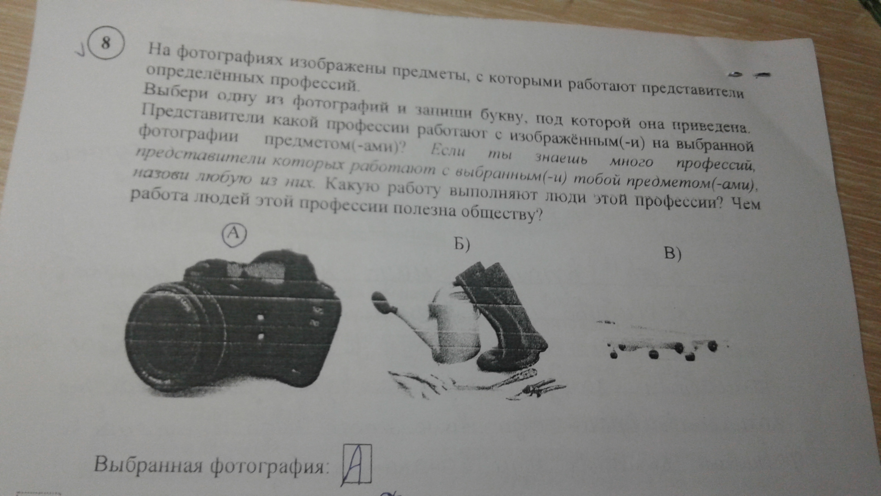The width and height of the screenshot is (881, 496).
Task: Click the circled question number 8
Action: (106, 43)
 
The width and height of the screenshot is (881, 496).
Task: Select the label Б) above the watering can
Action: (460, 245)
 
